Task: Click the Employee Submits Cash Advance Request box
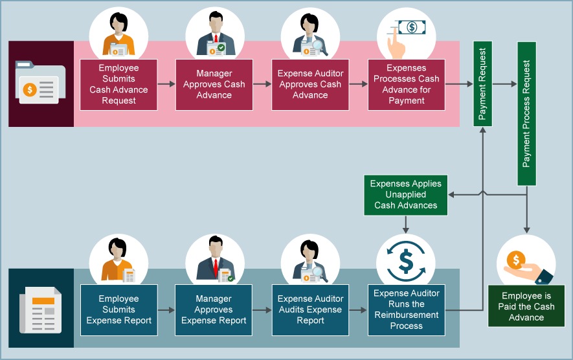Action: pyautogui.click(x=118, y=85)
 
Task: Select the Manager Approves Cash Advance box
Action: pyautogui.click(x=214, y=85)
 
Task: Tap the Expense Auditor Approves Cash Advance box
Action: pyautogui.click(x=310, y=85)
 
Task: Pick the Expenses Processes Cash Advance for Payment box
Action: pyautogui.click(x=406, y=85)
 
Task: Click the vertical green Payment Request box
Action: pyautogui.click(x=482, y=84)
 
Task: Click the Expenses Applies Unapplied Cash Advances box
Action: pyautogui.click(x=406, y=195)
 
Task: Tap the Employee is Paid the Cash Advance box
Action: pyautogui.click(x=526, y=306)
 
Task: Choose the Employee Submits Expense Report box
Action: pyautogui.click(x=118, y=310)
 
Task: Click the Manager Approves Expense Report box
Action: pyautogui.click(x=214, y=310)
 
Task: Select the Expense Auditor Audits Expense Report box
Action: pyautogui.click(x=310, y=310)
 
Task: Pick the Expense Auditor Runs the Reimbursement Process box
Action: pyautogui.click(x=406, y=310)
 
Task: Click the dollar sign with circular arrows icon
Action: pyautogui.click(x=406, y=260)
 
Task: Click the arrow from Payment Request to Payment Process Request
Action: pyautogui.click(x=505, y=84)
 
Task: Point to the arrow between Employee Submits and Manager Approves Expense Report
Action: pyautogui.click(x=166, y=310)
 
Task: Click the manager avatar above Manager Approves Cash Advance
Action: pyautogui.click(x=214, y=36)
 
